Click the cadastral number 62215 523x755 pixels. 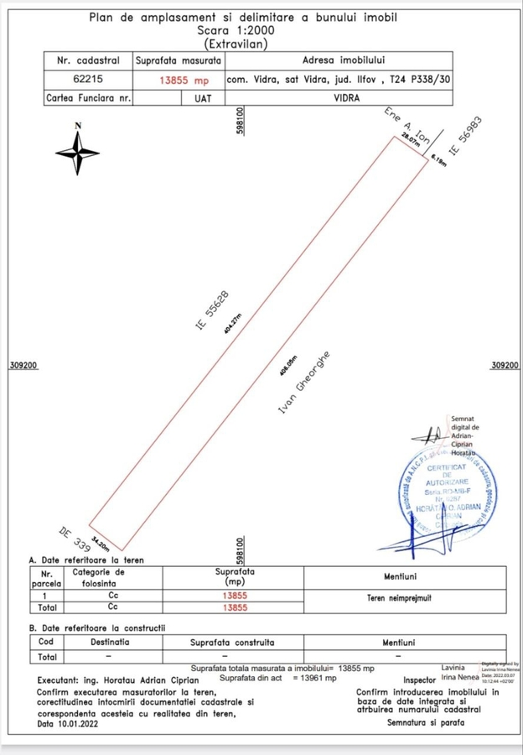88,81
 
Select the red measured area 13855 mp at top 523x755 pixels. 183,81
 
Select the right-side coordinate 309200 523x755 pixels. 504,366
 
